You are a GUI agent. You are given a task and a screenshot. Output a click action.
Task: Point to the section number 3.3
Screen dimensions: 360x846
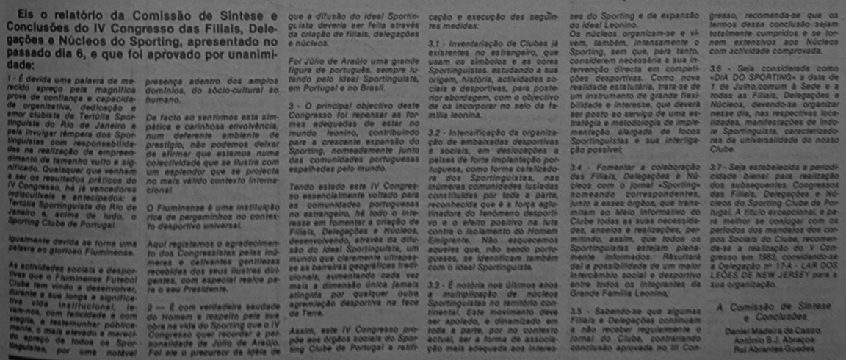click(x=435, y=284)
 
